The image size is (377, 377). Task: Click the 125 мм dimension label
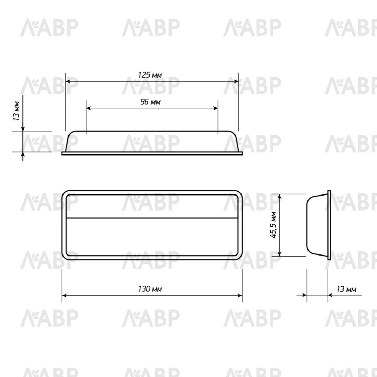[x=150, y=75]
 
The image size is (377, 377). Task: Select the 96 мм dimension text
[x=151, y=102]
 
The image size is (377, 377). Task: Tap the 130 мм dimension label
[x=150, y=289]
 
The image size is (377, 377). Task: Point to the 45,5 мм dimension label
[x=273, y=225]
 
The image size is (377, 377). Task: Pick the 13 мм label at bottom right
[x=346, y=289]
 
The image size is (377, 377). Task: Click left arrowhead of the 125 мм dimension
[x=68, y=81]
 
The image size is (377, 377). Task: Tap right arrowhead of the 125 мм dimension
[x=236, y=81]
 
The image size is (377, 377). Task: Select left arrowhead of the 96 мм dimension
[x=88, y=108]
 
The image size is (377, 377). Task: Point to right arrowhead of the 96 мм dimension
[x=216, y=108]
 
